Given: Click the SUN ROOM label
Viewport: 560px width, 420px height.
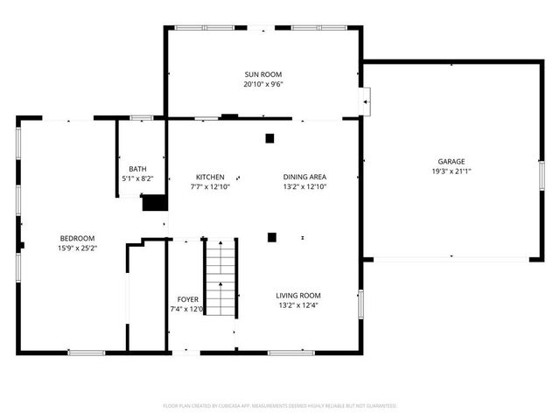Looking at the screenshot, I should (x=263, y=74).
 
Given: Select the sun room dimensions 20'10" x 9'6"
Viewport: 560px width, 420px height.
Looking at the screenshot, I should (x=263, y=85).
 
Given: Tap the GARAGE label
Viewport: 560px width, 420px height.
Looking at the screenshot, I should (x=451, y=161).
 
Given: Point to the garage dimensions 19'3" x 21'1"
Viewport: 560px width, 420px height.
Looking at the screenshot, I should (x=451, y=171).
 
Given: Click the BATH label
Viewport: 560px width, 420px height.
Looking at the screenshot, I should (x=137, y=169).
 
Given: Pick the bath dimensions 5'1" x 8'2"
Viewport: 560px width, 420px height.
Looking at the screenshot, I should (x=137, y=178).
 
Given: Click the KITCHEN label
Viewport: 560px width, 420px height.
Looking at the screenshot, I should (x=209, y=176).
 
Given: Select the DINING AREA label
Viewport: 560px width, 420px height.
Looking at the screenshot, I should (x=304, y=176).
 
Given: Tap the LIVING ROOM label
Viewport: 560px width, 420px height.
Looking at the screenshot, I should (x=298, y=295).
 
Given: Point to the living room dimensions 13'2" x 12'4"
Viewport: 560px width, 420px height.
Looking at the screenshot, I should (x=298, y=305).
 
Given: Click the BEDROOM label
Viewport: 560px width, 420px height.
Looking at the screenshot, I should (x=77, y=238).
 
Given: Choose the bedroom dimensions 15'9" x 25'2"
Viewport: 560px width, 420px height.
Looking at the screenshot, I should (x=77, y=248).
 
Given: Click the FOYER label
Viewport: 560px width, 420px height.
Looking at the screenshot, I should (x=187, y=298).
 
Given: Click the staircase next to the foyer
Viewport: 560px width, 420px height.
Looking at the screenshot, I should (x=221, y=278).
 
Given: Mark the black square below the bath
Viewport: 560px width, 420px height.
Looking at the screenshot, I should (x=155, y=203).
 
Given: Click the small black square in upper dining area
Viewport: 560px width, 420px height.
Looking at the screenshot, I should (x=269, y=137).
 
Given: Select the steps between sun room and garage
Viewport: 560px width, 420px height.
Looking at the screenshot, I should (x=366, y=101).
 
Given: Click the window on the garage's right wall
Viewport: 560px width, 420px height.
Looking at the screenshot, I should (x=541, y=174).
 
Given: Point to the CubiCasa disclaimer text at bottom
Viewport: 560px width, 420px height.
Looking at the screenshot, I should (x=280, y=406).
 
